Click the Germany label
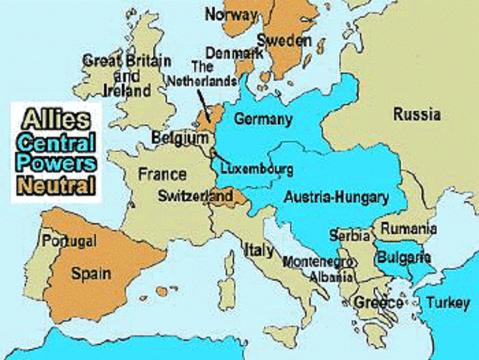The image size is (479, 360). tap(262, 119)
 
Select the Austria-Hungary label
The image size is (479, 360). tap(337, 198)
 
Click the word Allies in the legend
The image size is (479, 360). tap(55, 118)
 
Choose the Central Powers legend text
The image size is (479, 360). tap(57, 151)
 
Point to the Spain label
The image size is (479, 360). tap(91, 273)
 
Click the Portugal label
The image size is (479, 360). tap(69, 241)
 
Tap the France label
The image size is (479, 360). tap(163, 175)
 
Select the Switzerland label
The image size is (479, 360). tap(195, 195)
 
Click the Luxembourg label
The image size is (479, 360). tap(257, 169)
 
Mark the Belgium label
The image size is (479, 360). tap(180, 139)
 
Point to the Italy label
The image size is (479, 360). tap(257, 249)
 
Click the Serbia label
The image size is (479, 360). tap(349, 235)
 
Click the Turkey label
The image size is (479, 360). tap(447, 302)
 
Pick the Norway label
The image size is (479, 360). tap(230, 14)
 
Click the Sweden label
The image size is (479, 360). tap(284, 40)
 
